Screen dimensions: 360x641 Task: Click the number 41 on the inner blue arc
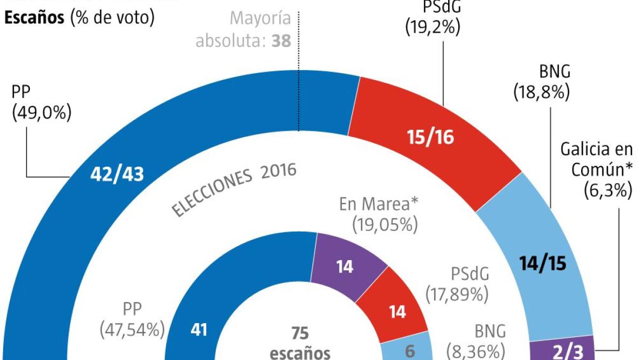[x=199, y=330]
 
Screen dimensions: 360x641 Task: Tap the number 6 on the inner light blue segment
[x=410, y=350]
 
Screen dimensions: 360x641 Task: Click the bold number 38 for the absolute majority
[x=281, y=41]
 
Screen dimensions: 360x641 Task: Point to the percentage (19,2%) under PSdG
[x=433, y=27]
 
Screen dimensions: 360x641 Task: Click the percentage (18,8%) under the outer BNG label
[x=541, y=93]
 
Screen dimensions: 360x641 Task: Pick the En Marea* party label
[x=378, y=205]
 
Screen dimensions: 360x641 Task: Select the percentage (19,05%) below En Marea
[x=385, y=225]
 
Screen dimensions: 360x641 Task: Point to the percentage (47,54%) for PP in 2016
[x=132, y=330]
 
